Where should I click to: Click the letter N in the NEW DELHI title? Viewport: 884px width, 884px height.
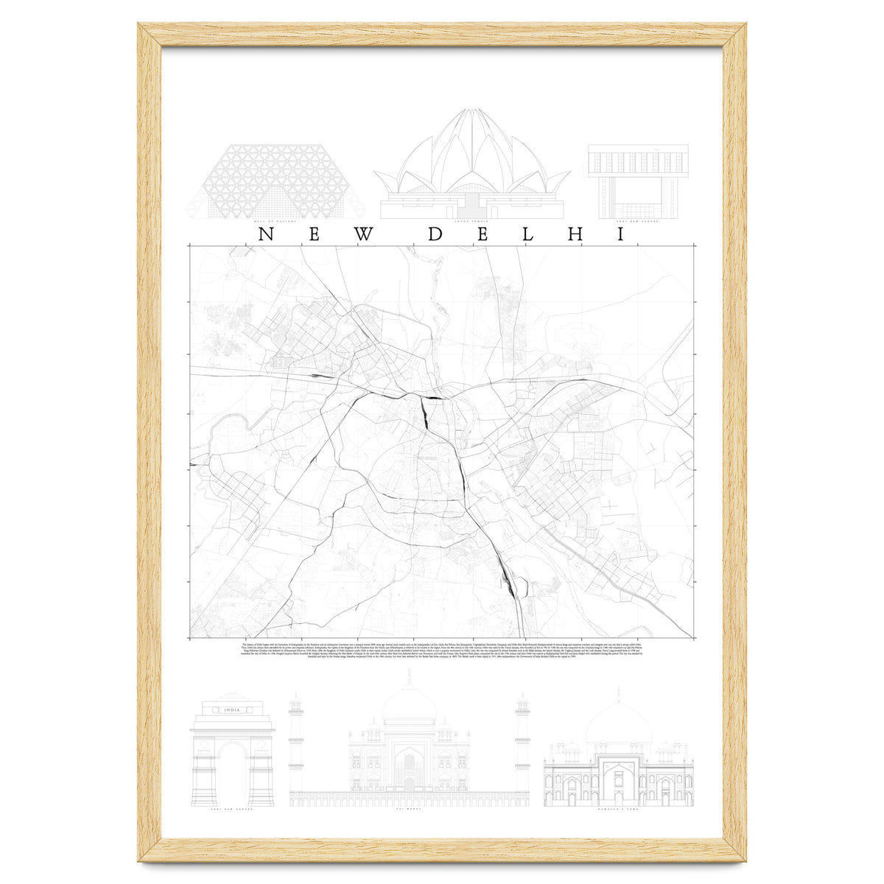[x=266, y=235]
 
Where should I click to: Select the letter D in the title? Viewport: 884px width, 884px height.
[x=435, y=235]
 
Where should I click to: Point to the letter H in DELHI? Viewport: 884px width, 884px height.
[x=578, y=235]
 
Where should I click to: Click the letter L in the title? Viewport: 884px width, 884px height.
[x=531, y=235]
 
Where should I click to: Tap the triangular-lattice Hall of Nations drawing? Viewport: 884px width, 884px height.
[x=274, y=181]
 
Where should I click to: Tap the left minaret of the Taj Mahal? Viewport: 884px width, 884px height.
[x=296, y=744]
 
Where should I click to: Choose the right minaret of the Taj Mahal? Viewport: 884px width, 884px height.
[x=522, y=744]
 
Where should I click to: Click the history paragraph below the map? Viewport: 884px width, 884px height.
[x=442, y=652]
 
